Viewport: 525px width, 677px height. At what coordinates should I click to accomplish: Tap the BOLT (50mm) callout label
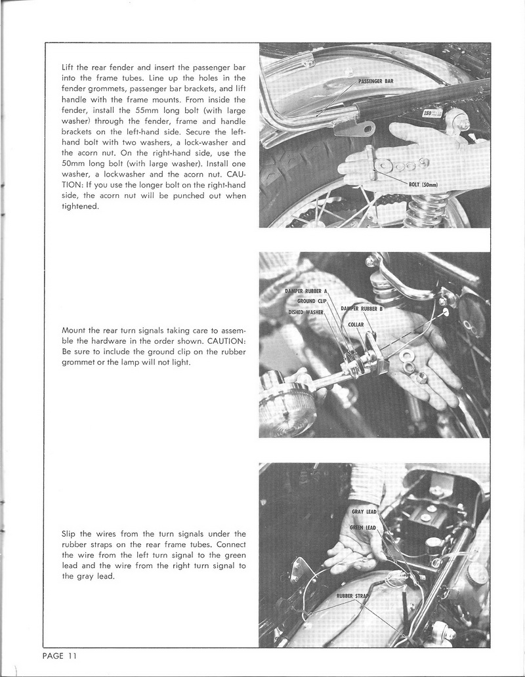[x=427, y=184]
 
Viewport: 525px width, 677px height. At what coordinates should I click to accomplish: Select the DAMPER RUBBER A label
[x=306, y=291]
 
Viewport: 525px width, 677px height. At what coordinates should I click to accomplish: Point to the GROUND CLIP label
[x=312, y=301]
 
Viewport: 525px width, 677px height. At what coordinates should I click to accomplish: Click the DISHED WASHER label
[x=306, y=312]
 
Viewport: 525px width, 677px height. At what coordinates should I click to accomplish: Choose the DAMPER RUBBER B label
[x=361, y=308]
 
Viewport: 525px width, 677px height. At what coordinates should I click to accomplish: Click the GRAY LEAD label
[x=363, y=512]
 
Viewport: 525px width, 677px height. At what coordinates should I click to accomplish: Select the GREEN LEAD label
[x=362, y=527]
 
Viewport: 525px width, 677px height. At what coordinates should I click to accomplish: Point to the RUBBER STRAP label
[x=352, y=596]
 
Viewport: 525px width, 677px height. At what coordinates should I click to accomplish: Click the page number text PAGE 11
[x=60, y=655]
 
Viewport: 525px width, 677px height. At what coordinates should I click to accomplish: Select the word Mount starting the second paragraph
[x=73, y=331]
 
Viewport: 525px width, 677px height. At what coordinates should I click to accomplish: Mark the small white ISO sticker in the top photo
[x=431, y=112]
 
